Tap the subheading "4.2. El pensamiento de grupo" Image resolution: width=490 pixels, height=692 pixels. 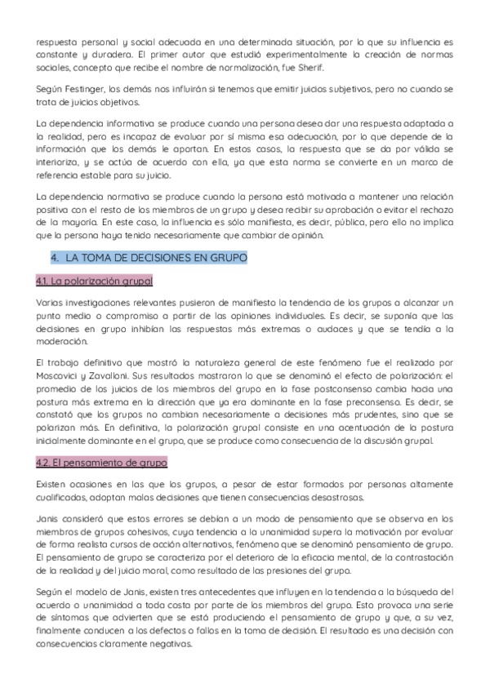pos(101,463)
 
